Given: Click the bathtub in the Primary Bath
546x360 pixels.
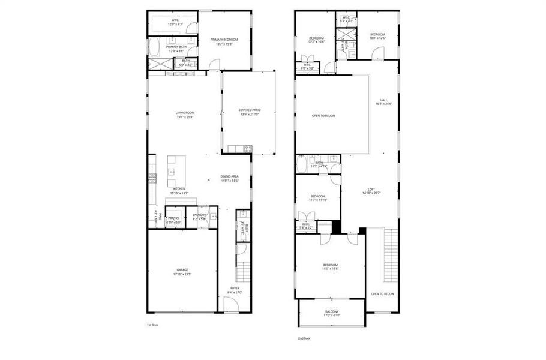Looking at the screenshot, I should coord(154,46).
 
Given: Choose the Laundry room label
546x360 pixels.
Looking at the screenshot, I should coord(200,215).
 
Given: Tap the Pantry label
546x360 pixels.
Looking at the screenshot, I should coord(174,218).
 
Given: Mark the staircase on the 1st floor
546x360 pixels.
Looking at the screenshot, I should coord(242,274).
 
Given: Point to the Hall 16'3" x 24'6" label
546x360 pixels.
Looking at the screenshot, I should coord(383,102).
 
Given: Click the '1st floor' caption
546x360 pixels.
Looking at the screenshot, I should coord(152,325).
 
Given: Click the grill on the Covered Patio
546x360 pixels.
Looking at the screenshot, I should coord(247,148).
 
